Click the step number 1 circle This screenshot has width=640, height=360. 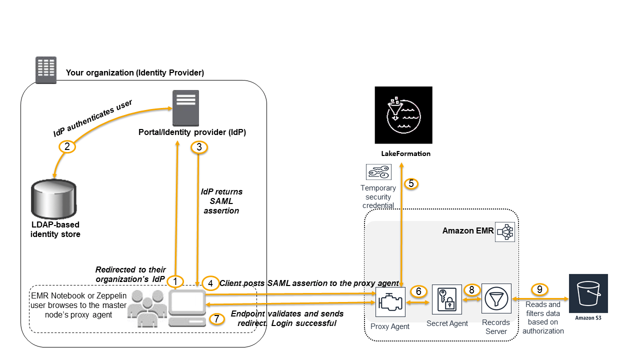pyautogui.click(x=175, y=281)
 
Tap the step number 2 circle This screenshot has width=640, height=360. pyautogui.click(x=66, y=146)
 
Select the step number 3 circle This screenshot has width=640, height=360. pyautogui.click(x=199, y=147)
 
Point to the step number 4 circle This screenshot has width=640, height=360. pyautogui.click(x=211, y=282)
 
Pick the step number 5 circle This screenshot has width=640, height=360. pyautogui.click(x=410, y=183)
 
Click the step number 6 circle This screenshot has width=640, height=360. pyautogui.click(x=418, y=291)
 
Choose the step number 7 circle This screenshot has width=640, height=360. pyautogui.click(x=216, y=319)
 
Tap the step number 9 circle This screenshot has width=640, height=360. pyautogui.click(x=539, y=289)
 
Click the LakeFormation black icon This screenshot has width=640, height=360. pyautogui.click(x=403, y=115)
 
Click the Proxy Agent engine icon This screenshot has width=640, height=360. pyautogui.click(x=390, y=302)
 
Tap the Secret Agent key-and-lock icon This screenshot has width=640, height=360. pyautogui.click(x=447, y=300)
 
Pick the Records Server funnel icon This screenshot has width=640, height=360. pyautogui.click(x=496, y=298)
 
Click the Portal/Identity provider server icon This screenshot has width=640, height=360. pyautogui.click(x=185, y=108)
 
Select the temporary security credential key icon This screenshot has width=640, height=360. pyautogui.click(x=378, y=172)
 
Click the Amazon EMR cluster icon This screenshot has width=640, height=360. pyautogui.click(x=505, y=232)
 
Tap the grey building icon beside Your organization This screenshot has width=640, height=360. pyautogui.click(x=46, y=69)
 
